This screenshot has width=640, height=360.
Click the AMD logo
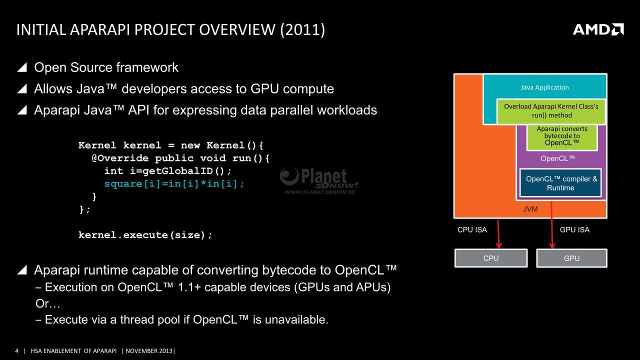click(x=598, y=29)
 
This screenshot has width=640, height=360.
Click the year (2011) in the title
click(x=302, y=29)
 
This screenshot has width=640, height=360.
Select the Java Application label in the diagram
click(x=544, y=87)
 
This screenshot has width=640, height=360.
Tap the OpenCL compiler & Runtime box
click(x=560, y=183)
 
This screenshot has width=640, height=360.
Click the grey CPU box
click(x=491, y=258)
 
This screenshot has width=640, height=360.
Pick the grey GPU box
click(x=571, y=258)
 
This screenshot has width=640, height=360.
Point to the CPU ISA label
click(x=472, y=229)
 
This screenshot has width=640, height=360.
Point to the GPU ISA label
click(x=574, y=229)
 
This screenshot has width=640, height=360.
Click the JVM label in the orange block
click(x=530, y=209)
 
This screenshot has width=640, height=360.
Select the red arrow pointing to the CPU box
click(x=498, y=233)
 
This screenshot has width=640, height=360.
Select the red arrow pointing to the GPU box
click(x=551, y=224)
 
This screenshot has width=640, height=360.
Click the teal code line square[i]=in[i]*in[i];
click(x=174, y=183)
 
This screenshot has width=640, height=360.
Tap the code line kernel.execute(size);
click(x=145, y=235)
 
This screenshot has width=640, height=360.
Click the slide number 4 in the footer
click(x=17, y=351)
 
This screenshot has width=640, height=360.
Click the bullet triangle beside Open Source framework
click(x=22, y=67)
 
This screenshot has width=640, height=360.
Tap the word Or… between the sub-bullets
click(x=47, y=303)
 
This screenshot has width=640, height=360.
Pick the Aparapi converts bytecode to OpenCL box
click(x=562, y=137)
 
